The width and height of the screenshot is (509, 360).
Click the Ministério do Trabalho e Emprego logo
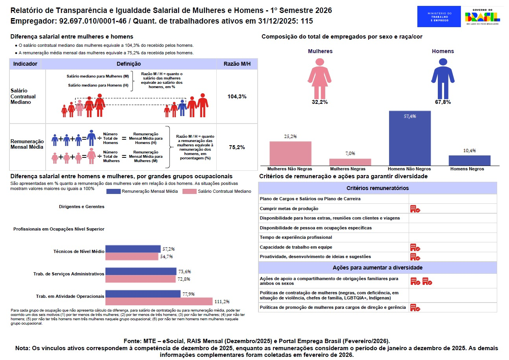coord(439,17)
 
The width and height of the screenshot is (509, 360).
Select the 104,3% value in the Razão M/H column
coord(237,96)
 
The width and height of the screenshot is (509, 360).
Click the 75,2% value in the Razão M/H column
coord(237,147)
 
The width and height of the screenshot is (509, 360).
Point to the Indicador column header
coord(25,64)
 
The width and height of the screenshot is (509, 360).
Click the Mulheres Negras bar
coord(350,162)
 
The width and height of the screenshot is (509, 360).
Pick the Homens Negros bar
coord(469,161)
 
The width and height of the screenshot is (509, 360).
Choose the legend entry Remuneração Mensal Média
coord(143,191)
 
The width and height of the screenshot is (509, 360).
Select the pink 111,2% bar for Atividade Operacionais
coord(159,301)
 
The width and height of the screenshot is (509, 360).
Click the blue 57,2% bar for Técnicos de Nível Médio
coord(133,249)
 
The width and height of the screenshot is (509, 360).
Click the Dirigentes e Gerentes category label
coord(81,207)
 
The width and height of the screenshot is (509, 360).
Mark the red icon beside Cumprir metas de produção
coord(415,209)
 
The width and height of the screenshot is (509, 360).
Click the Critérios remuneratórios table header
coord(377,188)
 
